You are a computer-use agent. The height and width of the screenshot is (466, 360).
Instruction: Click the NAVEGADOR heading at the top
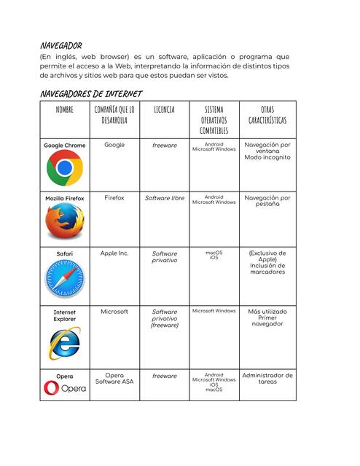pos(61,45)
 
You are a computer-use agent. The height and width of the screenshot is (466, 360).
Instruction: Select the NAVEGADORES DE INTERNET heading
pos(91,94)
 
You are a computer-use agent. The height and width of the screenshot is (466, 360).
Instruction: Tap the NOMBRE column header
pos(64,109)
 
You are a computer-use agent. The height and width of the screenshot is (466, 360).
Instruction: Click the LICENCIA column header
pos(164,109)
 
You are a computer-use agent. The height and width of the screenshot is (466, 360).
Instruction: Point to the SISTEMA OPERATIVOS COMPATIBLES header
pos(214,119)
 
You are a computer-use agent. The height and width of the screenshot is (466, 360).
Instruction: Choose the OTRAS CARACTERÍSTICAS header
pos(267,114)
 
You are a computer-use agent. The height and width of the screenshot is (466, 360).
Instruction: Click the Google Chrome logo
pos(64,169)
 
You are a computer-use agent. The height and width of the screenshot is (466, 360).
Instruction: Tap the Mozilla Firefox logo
pos(64,222)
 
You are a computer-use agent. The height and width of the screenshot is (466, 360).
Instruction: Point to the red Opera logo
pos(64,389)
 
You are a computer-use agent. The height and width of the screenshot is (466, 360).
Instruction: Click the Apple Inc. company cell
pos(114,253)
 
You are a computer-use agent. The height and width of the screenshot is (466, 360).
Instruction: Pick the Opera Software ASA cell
pos(114,379)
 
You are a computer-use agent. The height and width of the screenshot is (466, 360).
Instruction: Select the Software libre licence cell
pos(164,198)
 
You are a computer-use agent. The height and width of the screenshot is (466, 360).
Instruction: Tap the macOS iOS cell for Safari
pos(214,256)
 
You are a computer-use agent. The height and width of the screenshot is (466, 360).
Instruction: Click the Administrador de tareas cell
pos(267,379)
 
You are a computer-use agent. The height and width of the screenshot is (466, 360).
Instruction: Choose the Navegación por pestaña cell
pos(267,200)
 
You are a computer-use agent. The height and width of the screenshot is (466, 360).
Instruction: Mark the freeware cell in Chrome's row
pos(164,146)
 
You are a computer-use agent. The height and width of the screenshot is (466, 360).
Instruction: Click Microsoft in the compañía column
pos(114,311)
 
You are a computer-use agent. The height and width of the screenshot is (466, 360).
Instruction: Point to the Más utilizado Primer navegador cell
pos(267,317)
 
